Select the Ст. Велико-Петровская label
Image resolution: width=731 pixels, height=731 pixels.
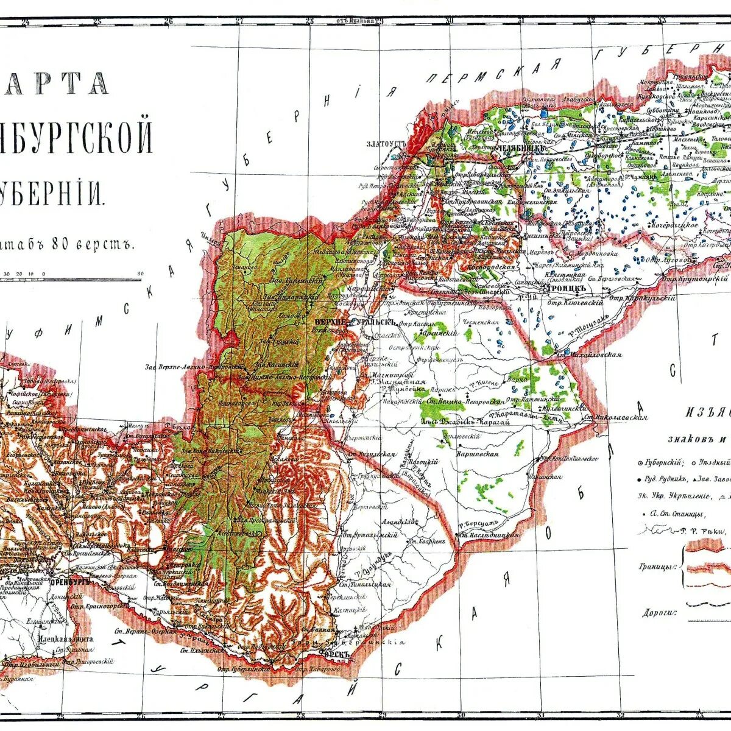464,401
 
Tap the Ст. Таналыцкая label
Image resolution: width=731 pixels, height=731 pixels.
365,584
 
